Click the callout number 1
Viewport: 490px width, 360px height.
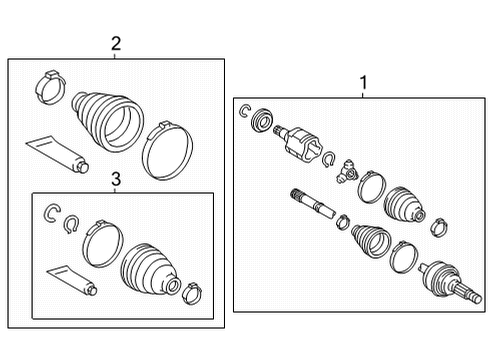click(363, 84)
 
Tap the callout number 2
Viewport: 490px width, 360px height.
click(116, 43)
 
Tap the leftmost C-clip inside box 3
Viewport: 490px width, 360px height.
click(52, 211)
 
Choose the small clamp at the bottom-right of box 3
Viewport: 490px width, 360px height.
click(191, 291)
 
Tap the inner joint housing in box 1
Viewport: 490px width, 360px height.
click(300, 141)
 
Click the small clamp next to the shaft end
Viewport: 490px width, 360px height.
click(342, 222)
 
